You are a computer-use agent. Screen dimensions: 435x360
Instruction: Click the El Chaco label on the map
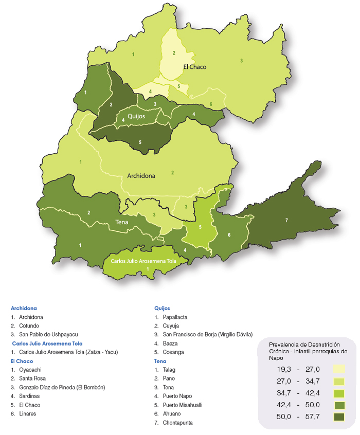194,67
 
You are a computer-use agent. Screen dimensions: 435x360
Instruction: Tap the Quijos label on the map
137,116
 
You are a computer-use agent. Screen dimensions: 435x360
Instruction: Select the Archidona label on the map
141,176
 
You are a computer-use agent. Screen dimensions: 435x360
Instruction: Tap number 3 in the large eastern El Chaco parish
242,61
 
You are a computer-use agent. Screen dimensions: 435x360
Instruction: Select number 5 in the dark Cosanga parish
139,142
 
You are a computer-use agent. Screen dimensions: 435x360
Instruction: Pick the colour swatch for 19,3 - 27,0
338,369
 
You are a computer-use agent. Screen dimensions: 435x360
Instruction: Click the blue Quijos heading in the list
162,308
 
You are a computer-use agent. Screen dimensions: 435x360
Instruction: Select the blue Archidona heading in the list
24,308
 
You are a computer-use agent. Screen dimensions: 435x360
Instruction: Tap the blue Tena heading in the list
160,361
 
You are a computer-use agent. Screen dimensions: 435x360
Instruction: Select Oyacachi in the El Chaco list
31,370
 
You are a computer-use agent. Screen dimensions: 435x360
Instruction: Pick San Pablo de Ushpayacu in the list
48,334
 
